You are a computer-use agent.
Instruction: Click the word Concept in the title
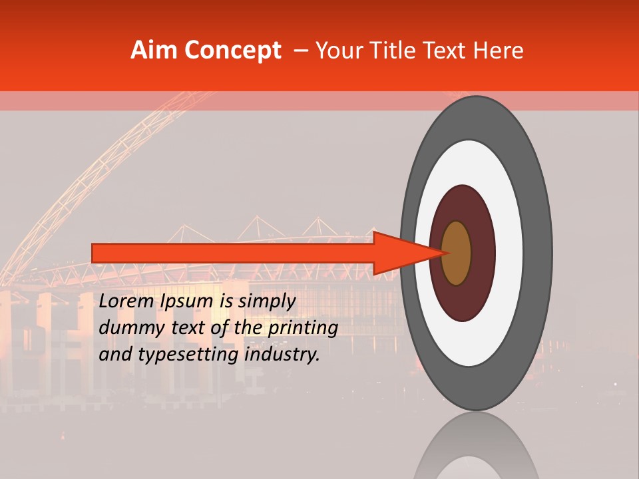coord(232,51)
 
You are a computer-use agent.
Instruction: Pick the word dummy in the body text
coord(126,328)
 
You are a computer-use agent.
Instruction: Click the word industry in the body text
coord(282,355)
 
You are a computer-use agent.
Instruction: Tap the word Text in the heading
coord(443,51)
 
